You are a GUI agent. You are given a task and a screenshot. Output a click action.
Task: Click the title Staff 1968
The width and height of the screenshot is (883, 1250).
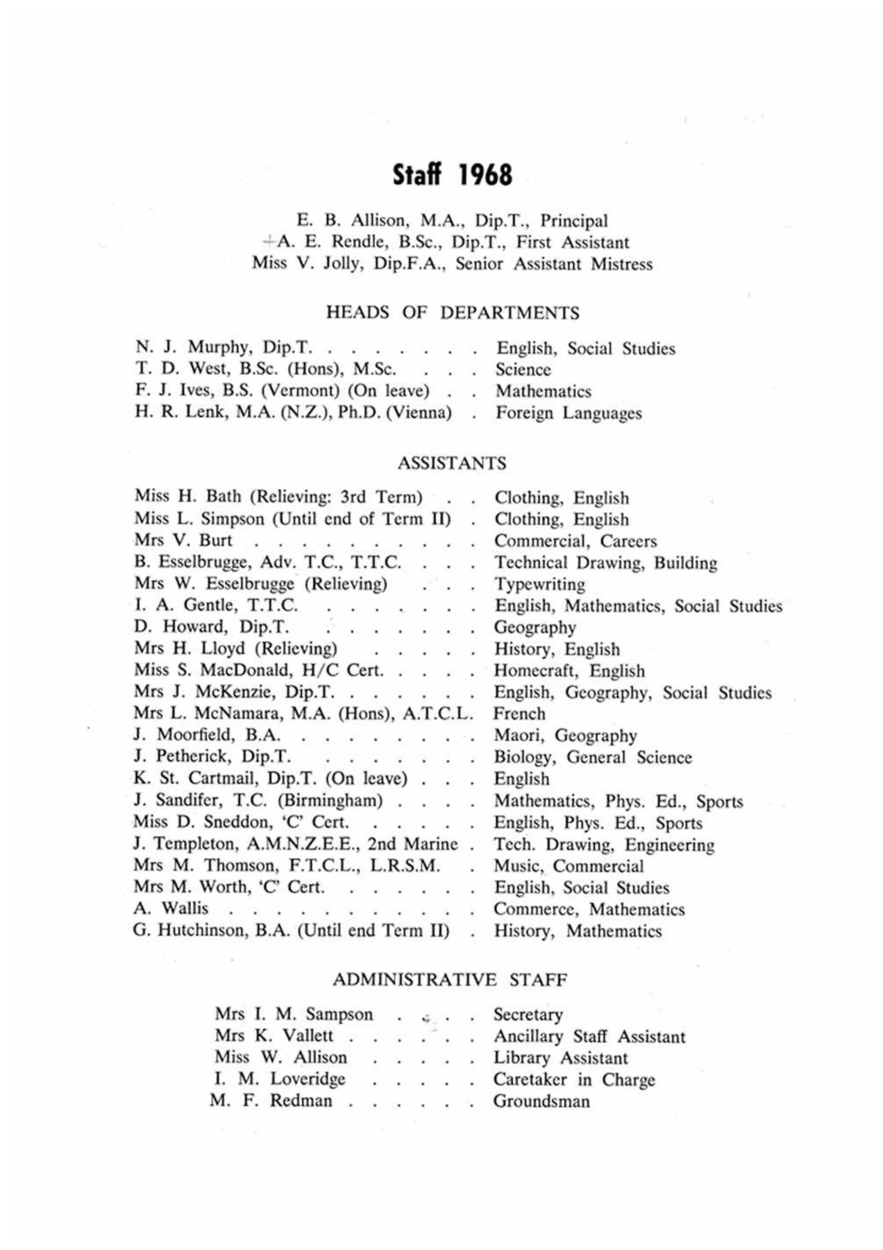click(452, 175)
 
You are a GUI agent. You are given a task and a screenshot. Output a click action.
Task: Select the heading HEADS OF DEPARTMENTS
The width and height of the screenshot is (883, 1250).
click(453, 313)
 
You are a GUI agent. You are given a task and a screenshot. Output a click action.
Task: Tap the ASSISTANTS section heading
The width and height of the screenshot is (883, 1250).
click(452, 463)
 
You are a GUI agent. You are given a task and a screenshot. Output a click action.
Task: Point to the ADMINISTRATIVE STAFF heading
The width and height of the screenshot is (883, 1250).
click(450, 980)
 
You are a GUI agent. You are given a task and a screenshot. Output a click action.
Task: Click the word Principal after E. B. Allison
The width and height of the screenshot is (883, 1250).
click(574, 221)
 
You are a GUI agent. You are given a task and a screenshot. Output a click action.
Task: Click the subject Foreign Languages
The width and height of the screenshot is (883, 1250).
click(568, 413)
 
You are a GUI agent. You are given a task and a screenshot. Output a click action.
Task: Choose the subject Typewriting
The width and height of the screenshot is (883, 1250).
click(539, 584)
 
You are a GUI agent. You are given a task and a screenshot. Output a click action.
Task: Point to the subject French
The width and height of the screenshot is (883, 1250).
click(519, 714)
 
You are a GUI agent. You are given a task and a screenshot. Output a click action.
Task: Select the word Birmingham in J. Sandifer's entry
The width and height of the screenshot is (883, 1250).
click(330, 801)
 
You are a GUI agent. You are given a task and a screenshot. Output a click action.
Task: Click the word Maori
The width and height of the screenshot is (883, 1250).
click(517, 735)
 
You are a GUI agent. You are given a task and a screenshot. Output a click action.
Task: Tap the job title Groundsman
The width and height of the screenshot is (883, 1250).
click(541, 1101)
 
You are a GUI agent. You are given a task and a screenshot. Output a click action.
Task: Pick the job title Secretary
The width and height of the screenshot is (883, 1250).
click(528, 1015)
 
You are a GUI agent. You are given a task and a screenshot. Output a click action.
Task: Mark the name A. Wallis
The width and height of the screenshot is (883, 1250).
click(171, 908)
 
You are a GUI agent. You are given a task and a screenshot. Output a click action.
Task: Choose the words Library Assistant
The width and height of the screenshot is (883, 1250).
click(560, 1058)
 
